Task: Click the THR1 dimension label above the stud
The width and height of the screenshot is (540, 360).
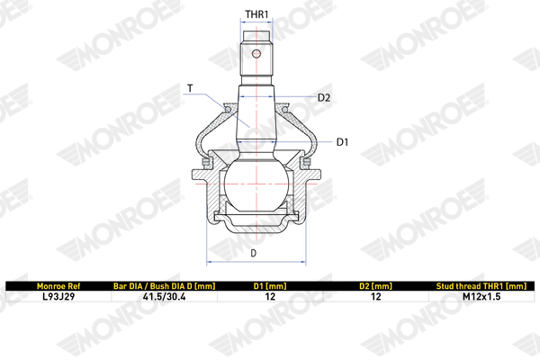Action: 256,14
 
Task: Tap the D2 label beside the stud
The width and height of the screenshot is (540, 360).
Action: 324,98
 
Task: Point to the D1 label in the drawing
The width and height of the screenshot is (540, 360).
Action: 342,142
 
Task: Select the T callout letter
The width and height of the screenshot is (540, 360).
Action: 190,88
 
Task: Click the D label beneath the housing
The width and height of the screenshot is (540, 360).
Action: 254,254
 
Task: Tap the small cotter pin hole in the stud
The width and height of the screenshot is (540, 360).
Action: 256,54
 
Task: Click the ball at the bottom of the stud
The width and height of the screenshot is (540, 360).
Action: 256,184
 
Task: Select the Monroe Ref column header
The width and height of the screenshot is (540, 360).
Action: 58,286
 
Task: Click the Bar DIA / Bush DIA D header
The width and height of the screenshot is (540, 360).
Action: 165,286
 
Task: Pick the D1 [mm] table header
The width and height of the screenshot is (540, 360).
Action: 270,286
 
